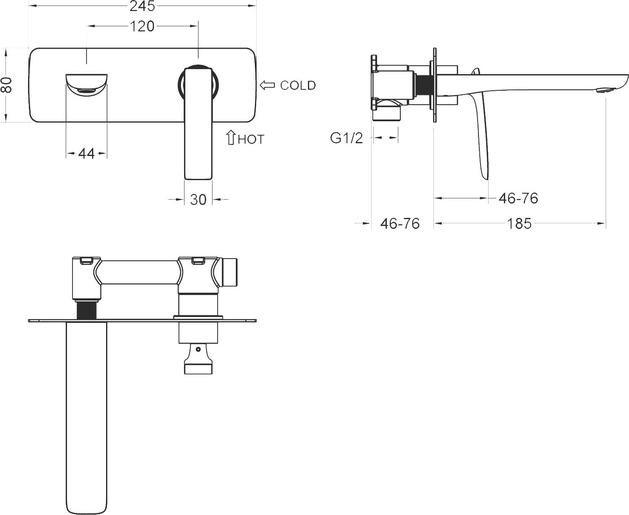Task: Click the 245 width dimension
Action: click(142, 6)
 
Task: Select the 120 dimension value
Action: click(142, 26)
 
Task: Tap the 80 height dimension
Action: click(6, 85)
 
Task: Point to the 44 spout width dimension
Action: click(87, 154)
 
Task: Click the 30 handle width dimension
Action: click(198, 200)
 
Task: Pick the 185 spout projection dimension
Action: click(519, 223)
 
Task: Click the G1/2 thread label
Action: click(346, 138)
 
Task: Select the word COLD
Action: click(298, 86)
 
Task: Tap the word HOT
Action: click(251, 139)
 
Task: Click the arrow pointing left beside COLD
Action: click(267, 85)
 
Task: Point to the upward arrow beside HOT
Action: click(231, 137)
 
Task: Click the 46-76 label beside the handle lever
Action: click(518, 198)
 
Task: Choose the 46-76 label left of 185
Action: click(400, 223)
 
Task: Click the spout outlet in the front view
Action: click(87, 91)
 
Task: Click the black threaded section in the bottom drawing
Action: click(86, 310)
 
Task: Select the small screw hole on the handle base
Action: click(198, 349)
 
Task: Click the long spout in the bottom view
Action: click(87, 417)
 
